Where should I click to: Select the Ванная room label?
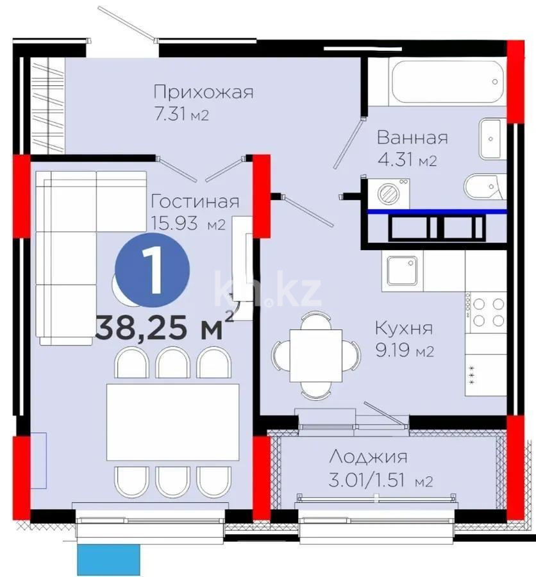pyautogui.click(x=412, y=137)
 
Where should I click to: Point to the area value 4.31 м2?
pyautogui.click(x=406, y=160)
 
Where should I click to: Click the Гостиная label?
pyautogui.click(x=194, y=202)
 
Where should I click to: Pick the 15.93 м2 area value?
pyautogui.click(x=187, y=224)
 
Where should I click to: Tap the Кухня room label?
pyautogui.click(x=404, y=328)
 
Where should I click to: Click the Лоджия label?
pyautogui.click(x=368, y=457)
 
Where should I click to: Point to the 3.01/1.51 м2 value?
pyautogui.click(x=380, y=480)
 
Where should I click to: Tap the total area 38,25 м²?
pyautogui.click(x=163, y=328)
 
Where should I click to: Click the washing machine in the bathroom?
pyautogui.click(x=387, y=193)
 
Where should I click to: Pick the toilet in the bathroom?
pyautogui.click(x=485, y=187)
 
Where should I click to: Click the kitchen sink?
pyautogui.click(x=401, y=270)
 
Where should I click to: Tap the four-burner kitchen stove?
pyautogui.click(x=486, y=313)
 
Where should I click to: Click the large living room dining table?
pyautogui.click(x=171, y=422)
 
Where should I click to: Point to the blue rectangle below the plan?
pyautogui.click(x=108, y=560)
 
